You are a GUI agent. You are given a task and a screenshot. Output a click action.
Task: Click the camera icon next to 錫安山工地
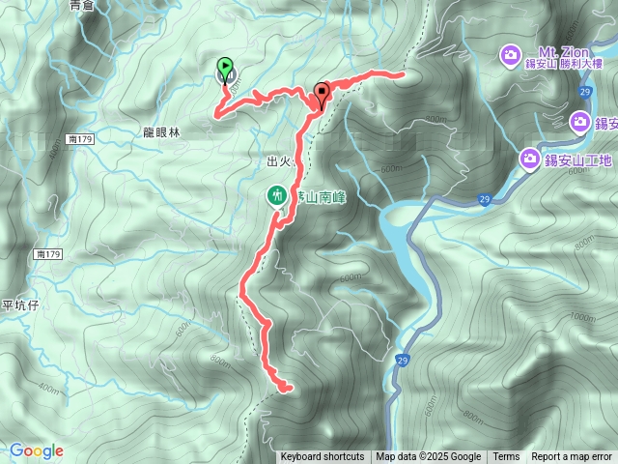530,158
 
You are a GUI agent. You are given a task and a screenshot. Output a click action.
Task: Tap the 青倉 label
82,5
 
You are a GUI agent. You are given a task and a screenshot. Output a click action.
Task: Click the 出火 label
276,162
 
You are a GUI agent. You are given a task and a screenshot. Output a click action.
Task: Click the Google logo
36,450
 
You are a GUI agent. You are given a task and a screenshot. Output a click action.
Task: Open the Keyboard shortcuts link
323,457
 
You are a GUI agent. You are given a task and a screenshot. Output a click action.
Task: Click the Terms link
506,457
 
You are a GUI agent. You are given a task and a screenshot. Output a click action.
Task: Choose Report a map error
572,457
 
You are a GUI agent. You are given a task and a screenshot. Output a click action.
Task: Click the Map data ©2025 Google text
428,457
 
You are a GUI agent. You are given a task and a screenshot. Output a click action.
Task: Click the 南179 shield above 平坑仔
46,254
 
